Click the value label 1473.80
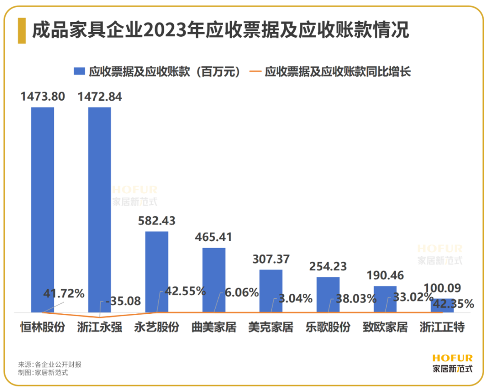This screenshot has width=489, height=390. [43, 97]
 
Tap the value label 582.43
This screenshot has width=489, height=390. [157, 221]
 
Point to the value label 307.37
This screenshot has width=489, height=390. [271, 259]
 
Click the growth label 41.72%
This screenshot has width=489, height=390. [64, 294]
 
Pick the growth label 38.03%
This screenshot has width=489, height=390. [356, 299]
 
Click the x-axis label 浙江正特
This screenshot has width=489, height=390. [442, 327]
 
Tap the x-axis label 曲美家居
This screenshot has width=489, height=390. [214, 327]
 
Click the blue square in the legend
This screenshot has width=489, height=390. [79, 72]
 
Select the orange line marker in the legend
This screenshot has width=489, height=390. [256, 72]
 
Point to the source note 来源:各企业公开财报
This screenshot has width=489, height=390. [50, 364]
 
